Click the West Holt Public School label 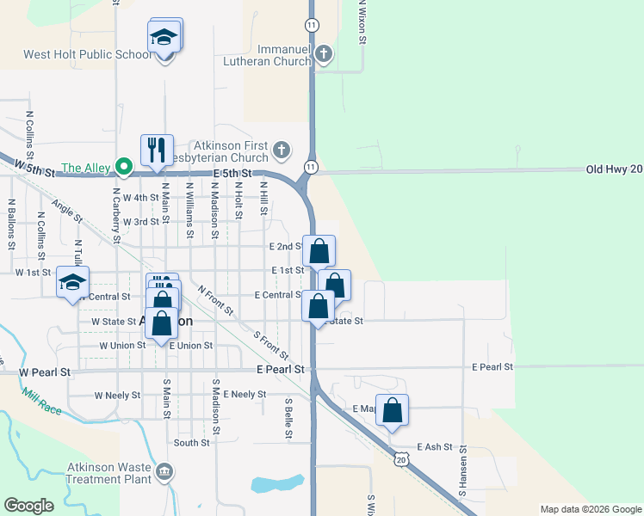point(86,54)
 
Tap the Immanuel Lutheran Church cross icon point(324,55)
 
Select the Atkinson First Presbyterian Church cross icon point(281,152)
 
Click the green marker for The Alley point(124,167)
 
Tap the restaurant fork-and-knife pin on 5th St point(157,150)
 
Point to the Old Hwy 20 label point(614,169)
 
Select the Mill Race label point(42,402)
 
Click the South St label point(191,443)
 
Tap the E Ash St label point(434,447)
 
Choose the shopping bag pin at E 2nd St point(319,252)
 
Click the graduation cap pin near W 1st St point(73,282)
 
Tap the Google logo point(29,506)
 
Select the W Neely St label point(116,395)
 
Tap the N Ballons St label point(12,224)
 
